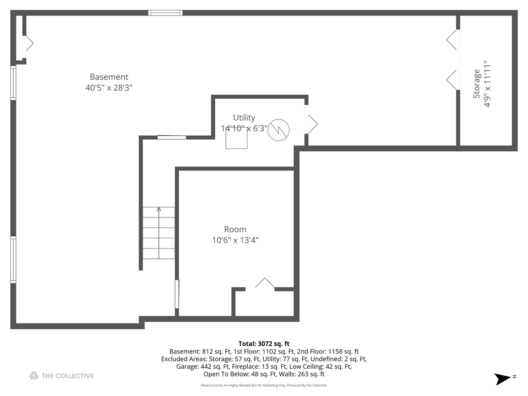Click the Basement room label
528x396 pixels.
(109, 77)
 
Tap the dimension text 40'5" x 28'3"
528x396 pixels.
(109, 88)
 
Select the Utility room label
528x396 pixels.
(244, 118)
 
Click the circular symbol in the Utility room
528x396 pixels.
(279, 130)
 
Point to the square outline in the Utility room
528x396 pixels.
(236, 139)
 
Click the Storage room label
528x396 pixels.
(476, 84)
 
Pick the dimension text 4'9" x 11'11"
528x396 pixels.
(487, 84)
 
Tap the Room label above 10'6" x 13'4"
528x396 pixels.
(235, 230)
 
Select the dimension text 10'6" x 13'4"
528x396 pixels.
(235, 240)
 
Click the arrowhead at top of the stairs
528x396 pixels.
(159, 209)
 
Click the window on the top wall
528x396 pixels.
(165, 13)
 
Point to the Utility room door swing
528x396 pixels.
(312, 124)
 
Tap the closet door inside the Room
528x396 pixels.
(265, 284)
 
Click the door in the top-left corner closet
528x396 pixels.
(29, 44)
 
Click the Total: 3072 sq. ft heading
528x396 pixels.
(264, 344)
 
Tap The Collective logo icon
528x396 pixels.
(34, 375)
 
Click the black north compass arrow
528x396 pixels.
(502, 378)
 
